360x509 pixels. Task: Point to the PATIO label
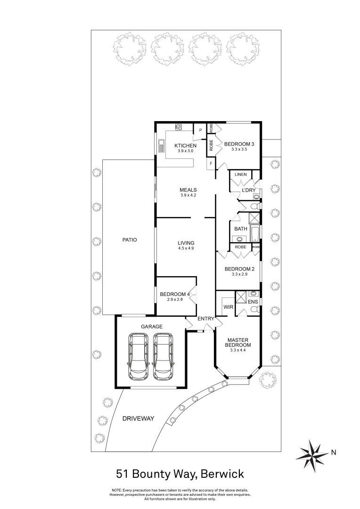129,240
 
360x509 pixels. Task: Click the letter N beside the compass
334,452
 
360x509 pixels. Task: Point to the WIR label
229,307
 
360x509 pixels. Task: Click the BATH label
241,229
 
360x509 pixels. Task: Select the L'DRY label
248,190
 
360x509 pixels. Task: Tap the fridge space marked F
211,164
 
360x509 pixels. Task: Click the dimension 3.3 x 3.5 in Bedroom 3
239,149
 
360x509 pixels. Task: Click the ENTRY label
205,319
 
